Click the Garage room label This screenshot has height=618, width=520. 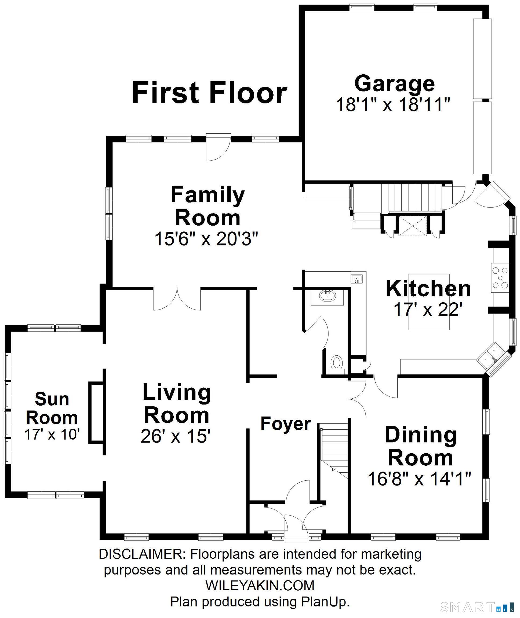tap(394, 84)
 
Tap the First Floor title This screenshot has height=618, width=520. tap(209, 93)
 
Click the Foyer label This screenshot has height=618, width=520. tap(286, 424)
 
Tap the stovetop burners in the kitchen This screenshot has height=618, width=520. tap(500, 278)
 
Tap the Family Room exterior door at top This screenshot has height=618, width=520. tap(218, 147)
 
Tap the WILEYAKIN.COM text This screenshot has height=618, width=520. tap(260, 585)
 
